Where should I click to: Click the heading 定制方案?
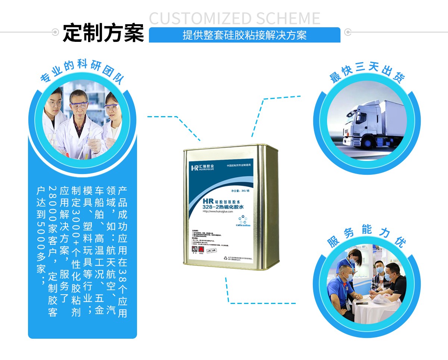click(x=103, y=33)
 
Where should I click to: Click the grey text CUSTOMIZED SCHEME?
click(x=235, y=18)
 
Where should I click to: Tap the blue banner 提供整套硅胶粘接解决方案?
click(x=245, y=35)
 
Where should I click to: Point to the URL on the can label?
click(x=218, y=212)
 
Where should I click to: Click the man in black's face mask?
click(x=388, y=277)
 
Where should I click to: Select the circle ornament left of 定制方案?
click(x=56, y=32)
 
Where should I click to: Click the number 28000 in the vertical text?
click(x=53, y=198)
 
